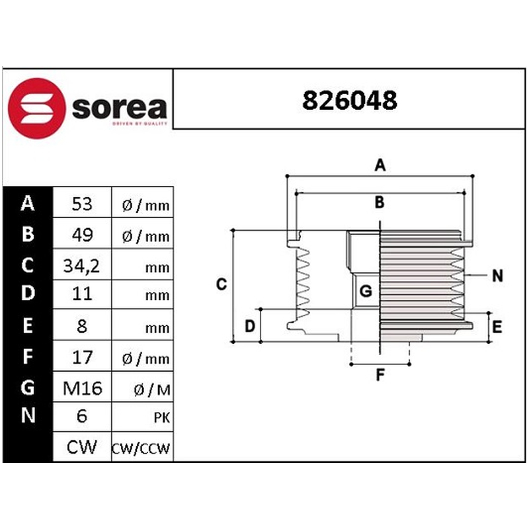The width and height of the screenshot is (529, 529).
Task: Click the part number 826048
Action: pos(350,101)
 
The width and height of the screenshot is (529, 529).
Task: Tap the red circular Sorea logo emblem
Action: pos(36,108)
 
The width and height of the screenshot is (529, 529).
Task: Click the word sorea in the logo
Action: pos(120,108)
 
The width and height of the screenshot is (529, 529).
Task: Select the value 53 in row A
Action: pos(82,204)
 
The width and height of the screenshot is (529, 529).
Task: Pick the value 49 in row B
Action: pos(82,235)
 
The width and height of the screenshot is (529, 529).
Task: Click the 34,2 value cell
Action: pos(81,266)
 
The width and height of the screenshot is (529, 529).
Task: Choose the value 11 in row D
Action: pos(82,294)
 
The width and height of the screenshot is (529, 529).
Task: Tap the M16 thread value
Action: pos(82,388)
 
